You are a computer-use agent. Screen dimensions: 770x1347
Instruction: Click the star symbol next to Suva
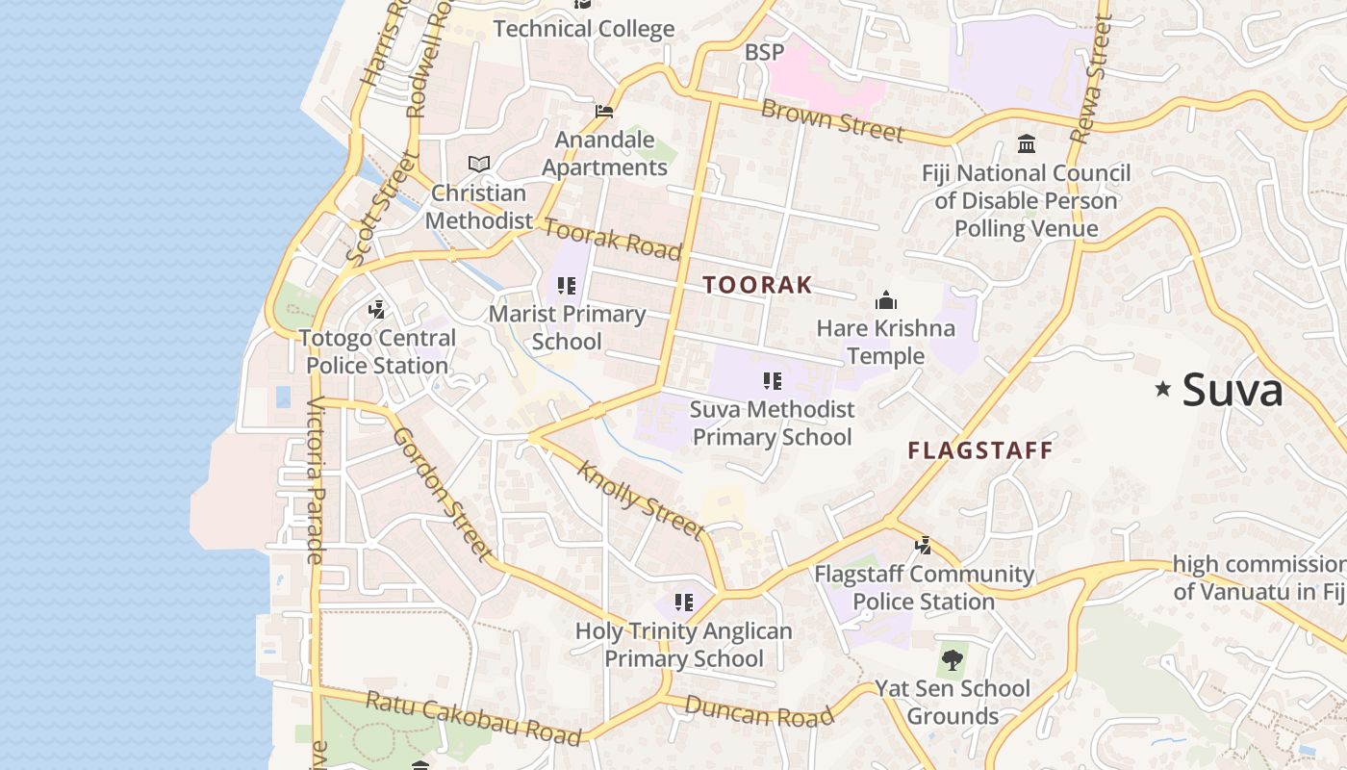(1163, 389)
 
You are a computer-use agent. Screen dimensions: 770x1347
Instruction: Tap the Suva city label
(1233, 391)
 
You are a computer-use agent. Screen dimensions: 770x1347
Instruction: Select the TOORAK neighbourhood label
(757, 285)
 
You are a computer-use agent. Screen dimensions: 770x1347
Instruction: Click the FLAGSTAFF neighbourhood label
(980, 450)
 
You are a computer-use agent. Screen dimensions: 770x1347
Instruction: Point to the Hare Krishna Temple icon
(886, 300)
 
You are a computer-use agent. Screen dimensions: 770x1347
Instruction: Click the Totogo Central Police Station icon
(377, 310)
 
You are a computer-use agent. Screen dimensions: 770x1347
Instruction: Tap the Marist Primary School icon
(567, 286)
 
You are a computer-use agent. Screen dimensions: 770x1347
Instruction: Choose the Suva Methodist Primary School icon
(772, 381)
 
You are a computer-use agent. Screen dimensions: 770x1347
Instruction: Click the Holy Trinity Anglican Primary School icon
(684, 603)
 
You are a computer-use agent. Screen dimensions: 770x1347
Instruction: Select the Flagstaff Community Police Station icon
(924, 546)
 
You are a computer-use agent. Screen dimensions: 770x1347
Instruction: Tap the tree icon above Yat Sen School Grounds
(953, 660)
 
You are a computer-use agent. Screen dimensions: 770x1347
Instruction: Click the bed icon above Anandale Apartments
(604, 112)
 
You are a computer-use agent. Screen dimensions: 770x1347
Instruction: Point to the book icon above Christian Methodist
(478, 165)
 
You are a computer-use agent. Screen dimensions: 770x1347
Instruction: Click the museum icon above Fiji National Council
(1027, 144)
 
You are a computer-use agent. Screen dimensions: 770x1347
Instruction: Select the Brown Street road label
(832, 120)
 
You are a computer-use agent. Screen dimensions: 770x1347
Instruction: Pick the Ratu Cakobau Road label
(473, 718)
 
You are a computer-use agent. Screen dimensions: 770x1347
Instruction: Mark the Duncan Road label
(759, 712)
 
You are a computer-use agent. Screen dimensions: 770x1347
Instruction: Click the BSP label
(764, 52)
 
